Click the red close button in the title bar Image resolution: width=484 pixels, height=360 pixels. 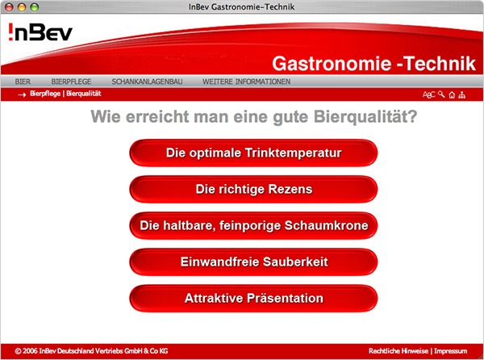coord(9,7)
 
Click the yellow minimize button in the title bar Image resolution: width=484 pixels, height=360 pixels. coord(22,7)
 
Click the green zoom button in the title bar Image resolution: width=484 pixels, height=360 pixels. coord(34,7)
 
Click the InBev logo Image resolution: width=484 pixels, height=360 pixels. coord(40,31)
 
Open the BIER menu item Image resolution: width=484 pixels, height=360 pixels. coord(23,82)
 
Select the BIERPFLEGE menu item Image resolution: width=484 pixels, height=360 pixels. coord(71,82)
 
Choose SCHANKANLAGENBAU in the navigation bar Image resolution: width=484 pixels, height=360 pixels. coord(147,82)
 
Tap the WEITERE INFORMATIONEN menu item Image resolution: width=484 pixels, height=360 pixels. coord(246,82)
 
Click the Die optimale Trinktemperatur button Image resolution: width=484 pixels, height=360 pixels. coord(253,153)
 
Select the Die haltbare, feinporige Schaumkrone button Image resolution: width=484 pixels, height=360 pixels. coord(253,226)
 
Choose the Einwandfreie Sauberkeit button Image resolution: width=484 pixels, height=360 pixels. coord(253,262)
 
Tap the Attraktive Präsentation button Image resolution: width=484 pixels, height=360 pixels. coord(253,298)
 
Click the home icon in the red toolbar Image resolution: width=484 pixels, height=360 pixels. coord(452,94)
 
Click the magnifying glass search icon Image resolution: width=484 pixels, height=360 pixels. coord(441,94)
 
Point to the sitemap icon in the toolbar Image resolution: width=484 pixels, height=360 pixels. coord(461,94)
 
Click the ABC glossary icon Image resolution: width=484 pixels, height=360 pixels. coord(429,94)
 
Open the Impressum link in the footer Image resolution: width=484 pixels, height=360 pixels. coord(451,351)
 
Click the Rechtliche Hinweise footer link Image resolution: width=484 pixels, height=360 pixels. coord(398,351)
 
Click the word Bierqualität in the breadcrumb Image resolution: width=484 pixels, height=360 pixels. coord(84,94)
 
